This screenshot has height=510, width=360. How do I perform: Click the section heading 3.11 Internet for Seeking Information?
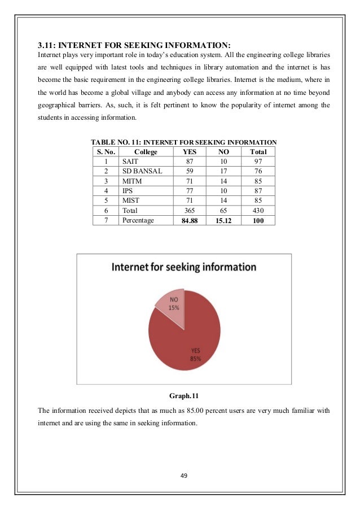135,45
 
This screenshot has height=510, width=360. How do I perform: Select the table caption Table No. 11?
184,142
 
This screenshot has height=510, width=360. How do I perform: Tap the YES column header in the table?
189,152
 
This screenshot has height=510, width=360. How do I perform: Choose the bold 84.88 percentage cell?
189,220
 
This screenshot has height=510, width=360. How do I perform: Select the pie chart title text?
184,267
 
